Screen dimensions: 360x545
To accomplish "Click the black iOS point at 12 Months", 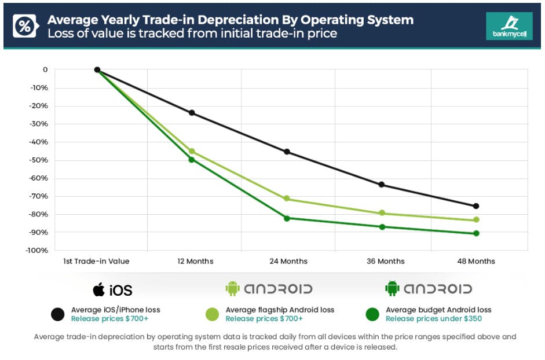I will [x=192, y=113].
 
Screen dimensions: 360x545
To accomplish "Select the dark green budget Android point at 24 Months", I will [x=287, y=218].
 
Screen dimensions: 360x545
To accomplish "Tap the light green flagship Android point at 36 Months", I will [x=382, y=213].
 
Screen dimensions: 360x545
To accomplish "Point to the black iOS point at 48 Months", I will [x=476, y=206].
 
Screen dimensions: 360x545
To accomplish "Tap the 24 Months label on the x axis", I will [x=288, y=262].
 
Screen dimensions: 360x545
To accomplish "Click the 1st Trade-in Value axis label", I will [x=96, y=262].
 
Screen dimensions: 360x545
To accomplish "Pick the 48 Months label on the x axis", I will [x=475, y=262].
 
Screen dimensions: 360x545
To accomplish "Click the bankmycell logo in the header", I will [x=501, y=26].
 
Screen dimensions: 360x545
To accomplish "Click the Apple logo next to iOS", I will [x=99, y=289].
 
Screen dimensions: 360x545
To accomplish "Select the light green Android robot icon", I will [x=232, y=288].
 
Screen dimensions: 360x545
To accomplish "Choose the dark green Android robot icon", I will [x=392, y=288].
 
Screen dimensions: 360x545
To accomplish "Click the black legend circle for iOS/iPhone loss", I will [x=57, y=314].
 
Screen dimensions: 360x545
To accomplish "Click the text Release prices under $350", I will [x=433, y=318].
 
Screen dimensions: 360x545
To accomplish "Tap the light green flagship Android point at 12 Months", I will [x=192, y=151].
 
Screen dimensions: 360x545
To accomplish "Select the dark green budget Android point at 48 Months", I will [x=476, y=233].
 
